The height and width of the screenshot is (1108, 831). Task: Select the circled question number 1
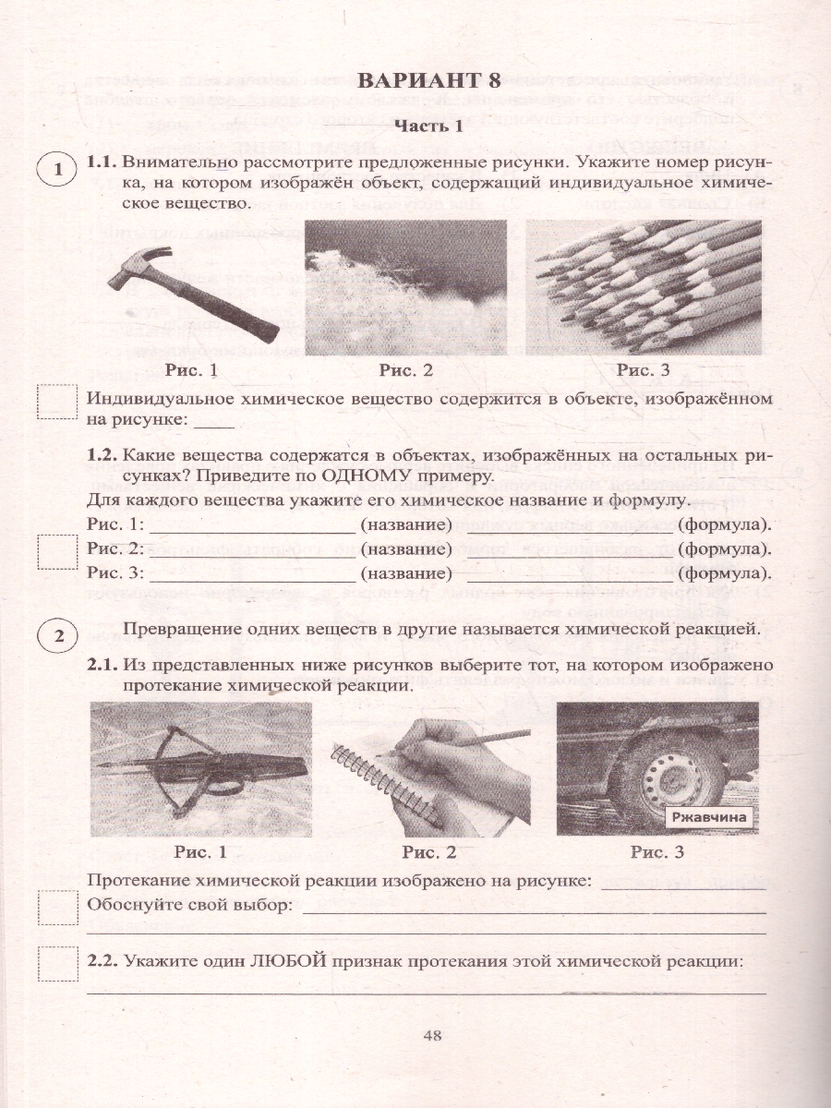(x=58, y=170)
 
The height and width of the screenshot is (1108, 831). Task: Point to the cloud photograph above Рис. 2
(x=405, y=287)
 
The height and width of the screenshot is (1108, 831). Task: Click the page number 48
(x=432, y=1035)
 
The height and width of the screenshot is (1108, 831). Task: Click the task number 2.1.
(x=102, y=665)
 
